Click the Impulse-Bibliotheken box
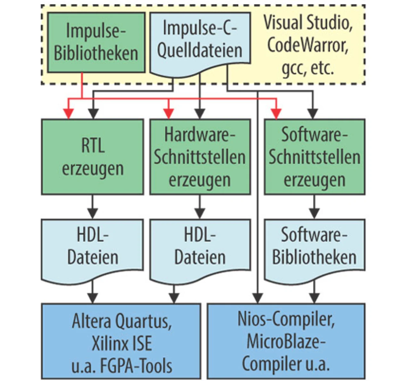point(96,42)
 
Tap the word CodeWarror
point(307,45)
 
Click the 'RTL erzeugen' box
point(93,157)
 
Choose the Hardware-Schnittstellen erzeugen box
point(200,157)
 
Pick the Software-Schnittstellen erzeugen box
point(314,157)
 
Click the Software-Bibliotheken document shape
point(314,247)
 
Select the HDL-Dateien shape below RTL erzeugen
point(93,247)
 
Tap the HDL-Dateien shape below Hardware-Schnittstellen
point(200,247)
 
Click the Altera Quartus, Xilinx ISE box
point(121,342)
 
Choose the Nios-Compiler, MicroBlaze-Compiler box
point(286,342)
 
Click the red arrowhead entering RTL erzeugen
point(69,114)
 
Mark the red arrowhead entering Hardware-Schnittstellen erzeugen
point(169,114)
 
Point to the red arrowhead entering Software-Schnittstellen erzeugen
point(276,114)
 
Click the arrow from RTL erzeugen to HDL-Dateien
point(93,207)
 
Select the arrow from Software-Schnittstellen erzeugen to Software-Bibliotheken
point(314,207)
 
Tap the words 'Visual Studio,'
point(307,23)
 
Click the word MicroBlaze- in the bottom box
point(286,342)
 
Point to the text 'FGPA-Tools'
point(136,366)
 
